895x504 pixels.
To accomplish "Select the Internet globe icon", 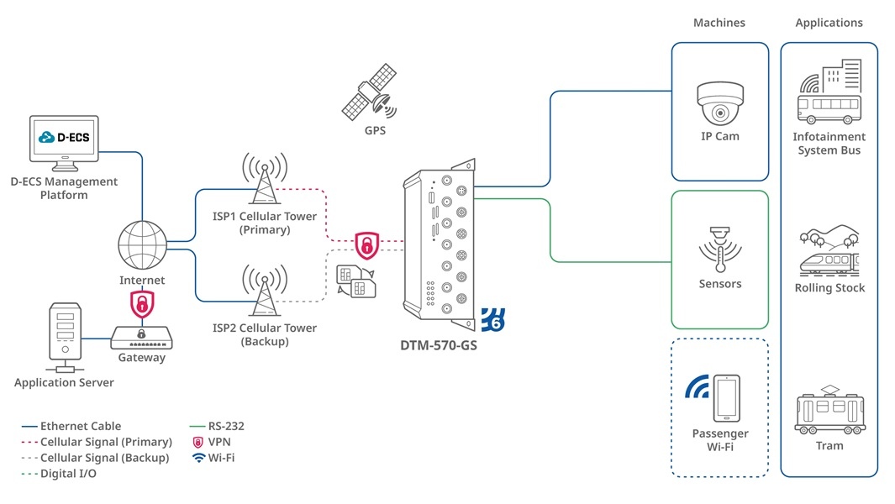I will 142,245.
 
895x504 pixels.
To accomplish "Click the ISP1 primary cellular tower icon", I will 264,177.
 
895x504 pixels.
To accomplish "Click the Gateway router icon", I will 142,337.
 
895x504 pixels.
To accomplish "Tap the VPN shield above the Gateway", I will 142,302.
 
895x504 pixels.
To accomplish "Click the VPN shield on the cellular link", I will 366,245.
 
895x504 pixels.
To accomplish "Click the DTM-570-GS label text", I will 438,344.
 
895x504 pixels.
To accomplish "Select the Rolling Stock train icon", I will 829,251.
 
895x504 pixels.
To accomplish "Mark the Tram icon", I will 829,411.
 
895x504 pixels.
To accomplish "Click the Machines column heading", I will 719,23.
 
